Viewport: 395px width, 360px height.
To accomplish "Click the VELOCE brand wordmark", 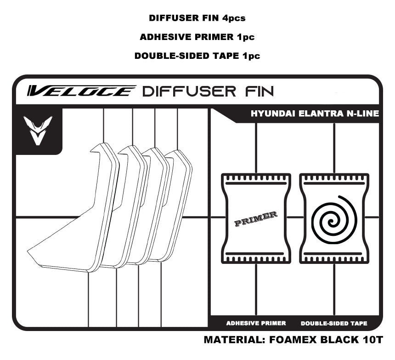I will [x=81, y=91].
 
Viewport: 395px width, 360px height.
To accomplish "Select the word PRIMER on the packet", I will [x=255, y=219].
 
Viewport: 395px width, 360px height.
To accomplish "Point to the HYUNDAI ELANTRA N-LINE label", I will [x=315, y=114].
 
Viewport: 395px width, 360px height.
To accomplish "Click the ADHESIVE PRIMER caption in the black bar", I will [x=256, y=323].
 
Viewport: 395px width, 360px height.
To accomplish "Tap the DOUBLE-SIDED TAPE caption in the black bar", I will [x=334, y=323].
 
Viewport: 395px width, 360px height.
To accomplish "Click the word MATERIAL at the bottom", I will [x=232, y=341].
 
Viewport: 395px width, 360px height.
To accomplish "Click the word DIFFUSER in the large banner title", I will [x=189, y=91].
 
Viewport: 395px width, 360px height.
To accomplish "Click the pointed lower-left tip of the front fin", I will [x=30, y=251].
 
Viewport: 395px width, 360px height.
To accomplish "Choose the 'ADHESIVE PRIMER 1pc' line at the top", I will [x=197, y=37].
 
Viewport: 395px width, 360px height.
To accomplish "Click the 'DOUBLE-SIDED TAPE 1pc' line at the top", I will [x=197, y=56].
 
